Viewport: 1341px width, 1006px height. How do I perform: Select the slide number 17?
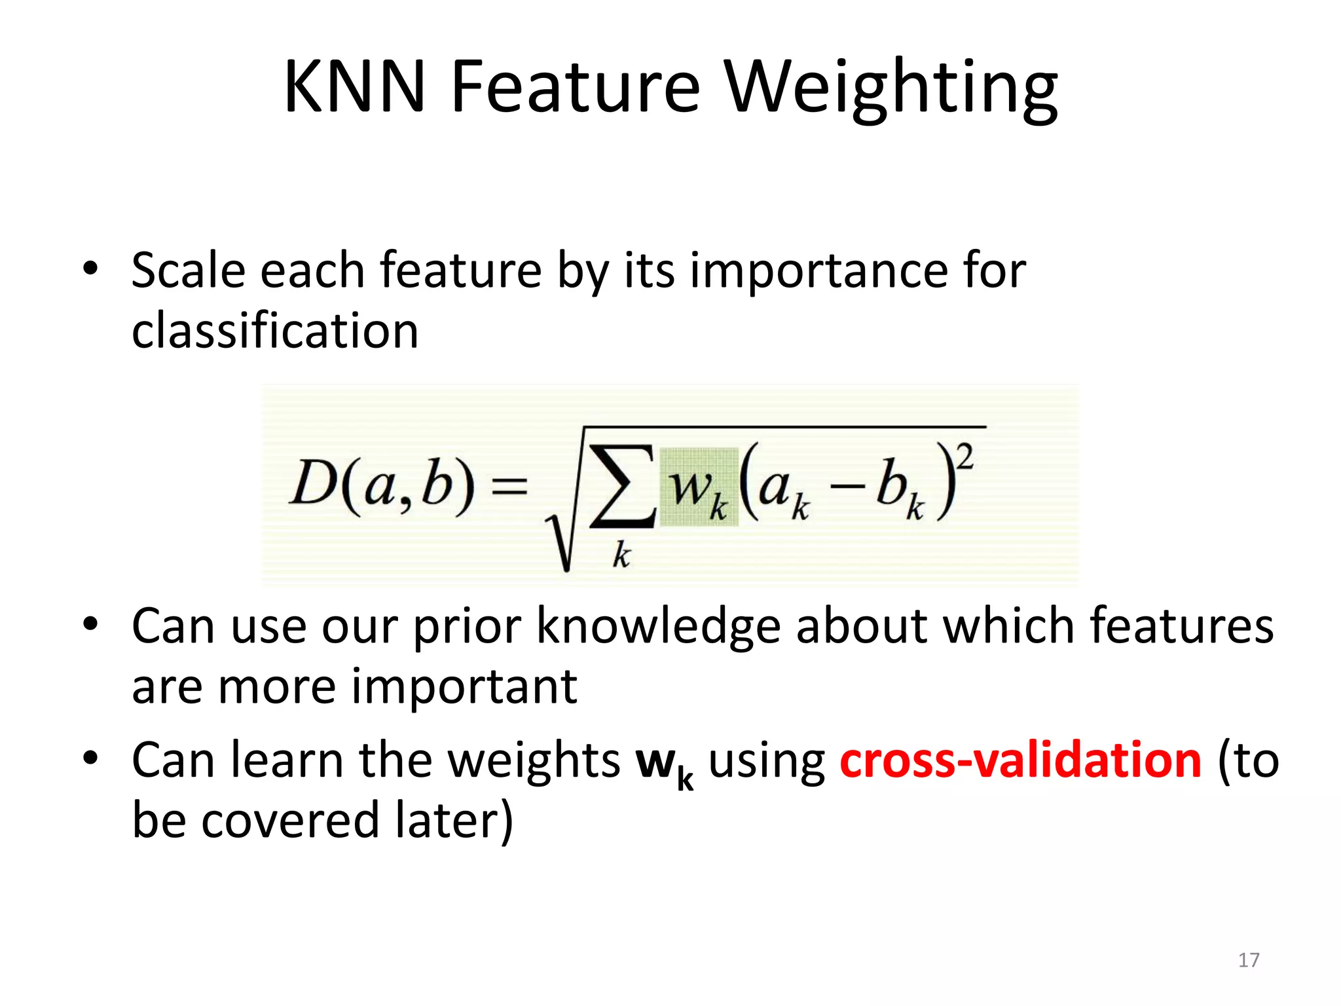click(x=1249, y=960)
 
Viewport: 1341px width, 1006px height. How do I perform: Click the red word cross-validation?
click(x=1020, y=760)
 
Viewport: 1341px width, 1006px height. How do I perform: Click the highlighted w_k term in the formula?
click(x=698, y=488)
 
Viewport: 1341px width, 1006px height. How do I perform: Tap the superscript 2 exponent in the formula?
click(x=966, y=456)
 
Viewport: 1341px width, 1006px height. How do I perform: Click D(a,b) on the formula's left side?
click(x=382, y=485)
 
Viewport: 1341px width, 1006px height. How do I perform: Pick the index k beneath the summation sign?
click(x=621, y=556)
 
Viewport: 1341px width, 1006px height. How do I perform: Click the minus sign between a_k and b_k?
click(x=849, y=487)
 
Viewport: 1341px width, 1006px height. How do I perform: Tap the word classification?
click(x=275, y=331)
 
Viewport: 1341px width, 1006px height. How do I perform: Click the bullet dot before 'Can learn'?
click(x=90, y=758)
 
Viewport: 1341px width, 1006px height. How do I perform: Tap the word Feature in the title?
click(x=575, y=87)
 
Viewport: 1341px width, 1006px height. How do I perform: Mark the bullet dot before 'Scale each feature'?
click(x=90, y=268)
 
